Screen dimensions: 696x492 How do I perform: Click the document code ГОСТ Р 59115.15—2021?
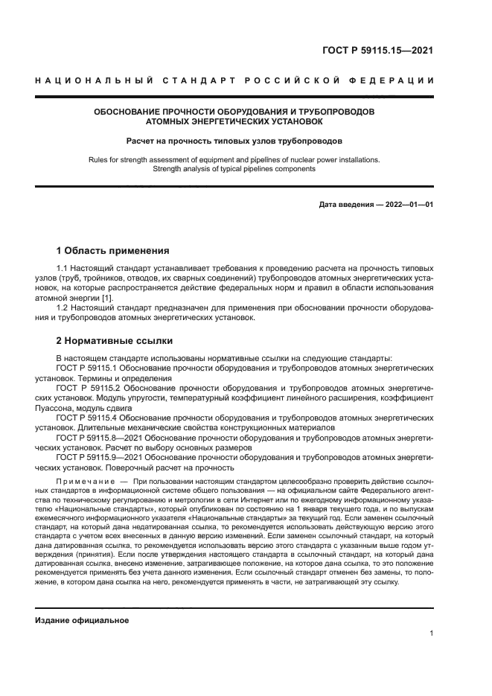click(377, 51)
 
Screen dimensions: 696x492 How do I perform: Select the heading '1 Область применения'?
click(113, 250)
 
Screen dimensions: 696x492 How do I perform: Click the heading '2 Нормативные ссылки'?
click(115, 341)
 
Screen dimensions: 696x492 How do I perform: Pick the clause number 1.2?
click(63, 307)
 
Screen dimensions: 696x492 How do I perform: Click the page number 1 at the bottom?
click(432, 633)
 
